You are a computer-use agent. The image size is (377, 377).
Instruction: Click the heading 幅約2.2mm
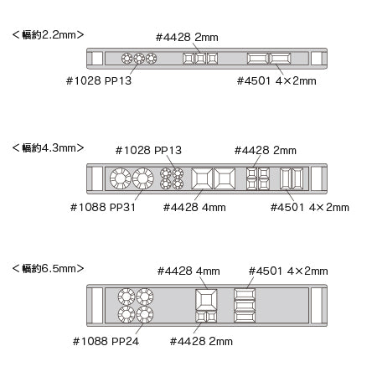[x=48, y=35]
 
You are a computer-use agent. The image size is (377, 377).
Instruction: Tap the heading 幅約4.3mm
[x=48, y=147]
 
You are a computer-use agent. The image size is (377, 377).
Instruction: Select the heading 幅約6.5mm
[x=48, y=268]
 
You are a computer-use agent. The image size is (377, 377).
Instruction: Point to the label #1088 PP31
[x=103, y=207]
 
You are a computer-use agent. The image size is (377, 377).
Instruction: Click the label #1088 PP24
[x=106, y=341]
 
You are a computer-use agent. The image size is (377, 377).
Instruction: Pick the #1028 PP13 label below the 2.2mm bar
[x=99, y=80]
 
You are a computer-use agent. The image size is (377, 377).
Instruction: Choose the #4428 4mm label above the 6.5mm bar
[x=188, y=271]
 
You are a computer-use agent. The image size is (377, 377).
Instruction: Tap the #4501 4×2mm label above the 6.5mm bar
[x=288, y=271]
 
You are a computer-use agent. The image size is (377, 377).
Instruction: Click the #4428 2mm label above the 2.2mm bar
[x=187, y=37]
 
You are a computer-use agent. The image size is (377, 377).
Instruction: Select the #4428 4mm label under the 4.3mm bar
[x=194, y=207]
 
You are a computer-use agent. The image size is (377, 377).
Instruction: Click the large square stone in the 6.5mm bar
[x=206, y=300]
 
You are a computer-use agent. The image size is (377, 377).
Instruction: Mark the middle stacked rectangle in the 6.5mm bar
[x=245, y=306]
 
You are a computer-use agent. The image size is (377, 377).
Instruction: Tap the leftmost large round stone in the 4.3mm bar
[x=121, y=178]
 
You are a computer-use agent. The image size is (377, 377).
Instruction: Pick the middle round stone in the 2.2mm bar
[x=139, y=59]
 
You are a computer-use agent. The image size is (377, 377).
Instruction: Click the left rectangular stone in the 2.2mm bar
[x=258, y=59]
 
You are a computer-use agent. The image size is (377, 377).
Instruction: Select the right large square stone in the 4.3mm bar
[x=225, y=178]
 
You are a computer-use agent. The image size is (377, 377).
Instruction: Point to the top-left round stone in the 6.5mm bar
[x=127, y=297]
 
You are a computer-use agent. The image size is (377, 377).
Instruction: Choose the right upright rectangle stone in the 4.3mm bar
[x=297, y=178]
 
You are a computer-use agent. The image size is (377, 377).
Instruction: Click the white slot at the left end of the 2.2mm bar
[x=97, y=59]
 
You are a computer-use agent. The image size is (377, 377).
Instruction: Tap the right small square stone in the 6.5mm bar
[x=212, y=317]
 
